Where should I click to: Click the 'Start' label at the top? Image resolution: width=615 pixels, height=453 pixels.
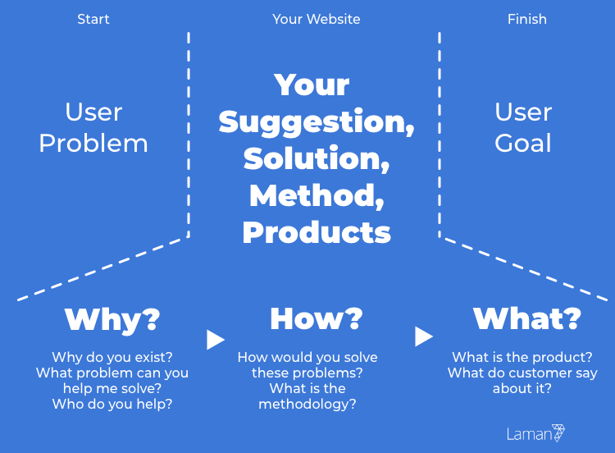[x=93, y=19]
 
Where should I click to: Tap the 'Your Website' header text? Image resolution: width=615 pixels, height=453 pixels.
[x=317, y=19]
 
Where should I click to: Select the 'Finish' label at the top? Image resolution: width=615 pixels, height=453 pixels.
[x=526, y=19]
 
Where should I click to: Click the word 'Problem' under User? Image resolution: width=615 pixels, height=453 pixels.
[x=93, y=144]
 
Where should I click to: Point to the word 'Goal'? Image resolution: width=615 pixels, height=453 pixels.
[x=523, y=143]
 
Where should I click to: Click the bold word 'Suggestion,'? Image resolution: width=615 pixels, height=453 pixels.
[x=317, y=123]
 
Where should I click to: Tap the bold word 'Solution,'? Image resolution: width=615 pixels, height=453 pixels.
[x=317, y=159]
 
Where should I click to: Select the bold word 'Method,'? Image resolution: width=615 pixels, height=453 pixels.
[x=317, y=196]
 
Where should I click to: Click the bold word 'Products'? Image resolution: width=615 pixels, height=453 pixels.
[x=317, y=232]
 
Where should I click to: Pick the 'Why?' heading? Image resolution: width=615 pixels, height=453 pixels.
[x=112, y=320]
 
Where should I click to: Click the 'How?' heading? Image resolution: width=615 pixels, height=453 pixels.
[x=317, y=318]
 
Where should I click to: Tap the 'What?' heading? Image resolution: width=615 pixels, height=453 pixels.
[x=526, y=318]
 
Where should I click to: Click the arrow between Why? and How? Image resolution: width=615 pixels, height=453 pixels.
[x=216, y=340]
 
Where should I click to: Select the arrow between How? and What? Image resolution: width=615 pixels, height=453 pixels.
[x=424, y=336]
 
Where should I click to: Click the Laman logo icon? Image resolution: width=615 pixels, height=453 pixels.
[x=558, y=432]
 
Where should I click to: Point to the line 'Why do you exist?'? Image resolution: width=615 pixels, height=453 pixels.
[x=112, y=358]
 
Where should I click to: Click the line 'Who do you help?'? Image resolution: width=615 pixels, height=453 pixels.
[x=112, y=405]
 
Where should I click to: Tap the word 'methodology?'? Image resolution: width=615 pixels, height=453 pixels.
[x=307, y=405]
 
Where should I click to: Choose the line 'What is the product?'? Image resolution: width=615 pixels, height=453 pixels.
[x=522, y=357]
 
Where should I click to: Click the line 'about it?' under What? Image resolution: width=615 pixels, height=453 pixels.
[x=522, y=389]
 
